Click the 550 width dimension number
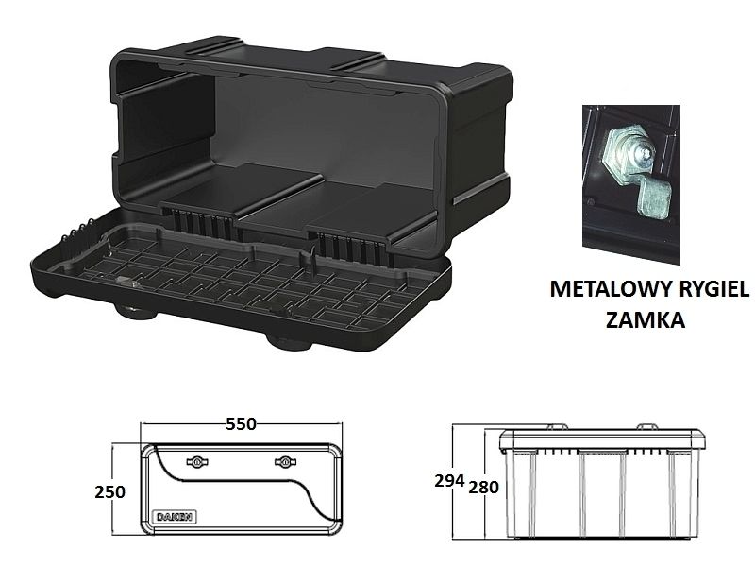pyautogui.click(x=241, y=423)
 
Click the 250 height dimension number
pyautogui.click(x=109, y=492)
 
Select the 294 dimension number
pyautogui.click(x=449, y=481)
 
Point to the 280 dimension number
pyautogui.click(x=483, y=488)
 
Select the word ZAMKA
pyautogui.click(x=646, y=319)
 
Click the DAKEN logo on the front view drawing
pyautogui.click(x=175, y=516)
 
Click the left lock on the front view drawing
pyautogui.click(x=197, y=462)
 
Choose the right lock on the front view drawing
pyautogui.click(x=285, y=462)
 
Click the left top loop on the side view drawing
pyautogui.click(x=558, y=427)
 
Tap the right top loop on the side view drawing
pyautogui.click(x=647, y=427)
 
